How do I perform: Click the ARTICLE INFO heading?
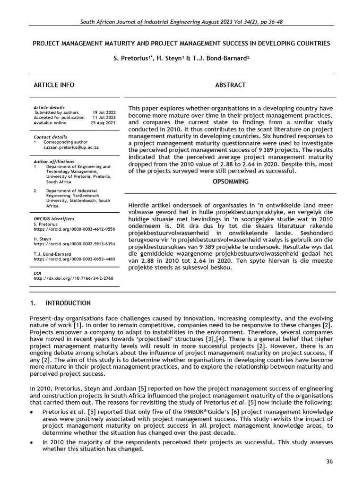pos(53,85)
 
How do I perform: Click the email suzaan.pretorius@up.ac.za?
pos(70,147)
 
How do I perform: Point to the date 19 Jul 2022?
pos(104,112)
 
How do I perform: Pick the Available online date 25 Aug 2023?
pos(103,123)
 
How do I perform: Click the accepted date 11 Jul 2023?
pos(104,118)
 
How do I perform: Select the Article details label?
pos(49,107)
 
